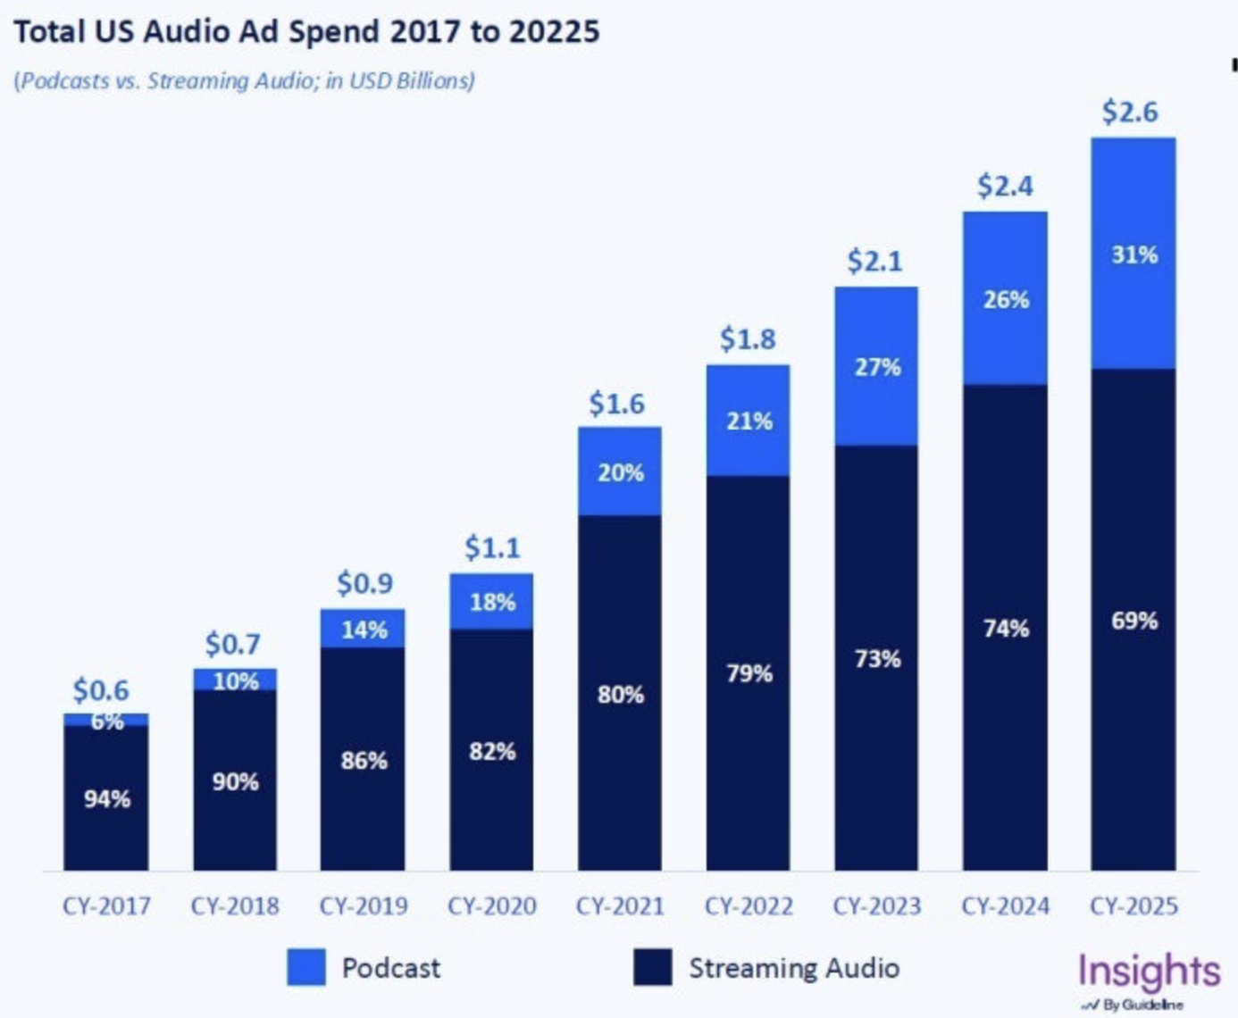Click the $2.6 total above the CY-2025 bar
tap(1130, 113)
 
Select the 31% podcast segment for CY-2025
tap(1133, 254)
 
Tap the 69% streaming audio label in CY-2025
tap(1133, 621)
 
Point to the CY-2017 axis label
tap(106, 906)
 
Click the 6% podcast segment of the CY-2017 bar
tap(106, 720)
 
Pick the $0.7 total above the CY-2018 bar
tap(232, 644)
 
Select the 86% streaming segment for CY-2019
tap(364, 761)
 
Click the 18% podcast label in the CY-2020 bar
tap(492, 603)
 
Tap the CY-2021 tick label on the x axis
tap(620, 906)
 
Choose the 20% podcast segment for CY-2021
tap(620, 472)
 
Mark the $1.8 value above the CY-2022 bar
tap(748, 339)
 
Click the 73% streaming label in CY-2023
tap(877, 659)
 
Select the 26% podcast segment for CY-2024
tap(1006, 299)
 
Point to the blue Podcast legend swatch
tap(305, 968)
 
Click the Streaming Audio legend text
tap(793, 968)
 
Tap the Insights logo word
tap(1149, 971)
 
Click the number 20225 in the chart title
tap(554, 32)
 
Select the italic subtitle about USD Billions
tap(244, 80)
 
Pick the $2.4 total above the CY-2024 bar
tap(1005, 187)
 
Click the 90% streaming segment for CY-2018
tap(235, 782)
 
